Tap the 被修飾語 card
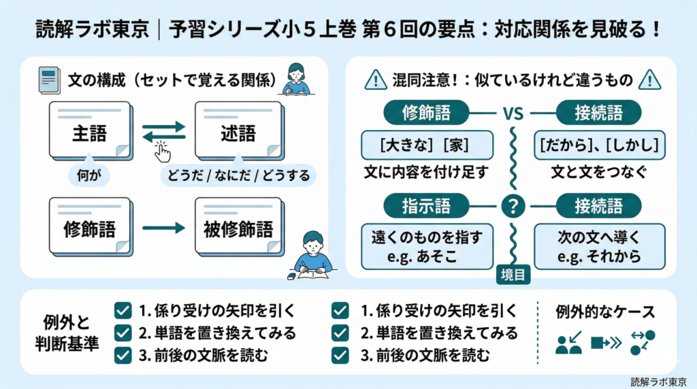[x=238, y=228]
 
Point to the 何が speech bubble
[x=89, y=175]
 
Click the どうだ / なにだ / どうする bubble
[x=238, y=176]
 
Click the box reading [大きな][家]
[x=427, y=145]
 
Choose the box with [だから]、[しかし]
[x=599, y=145]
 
